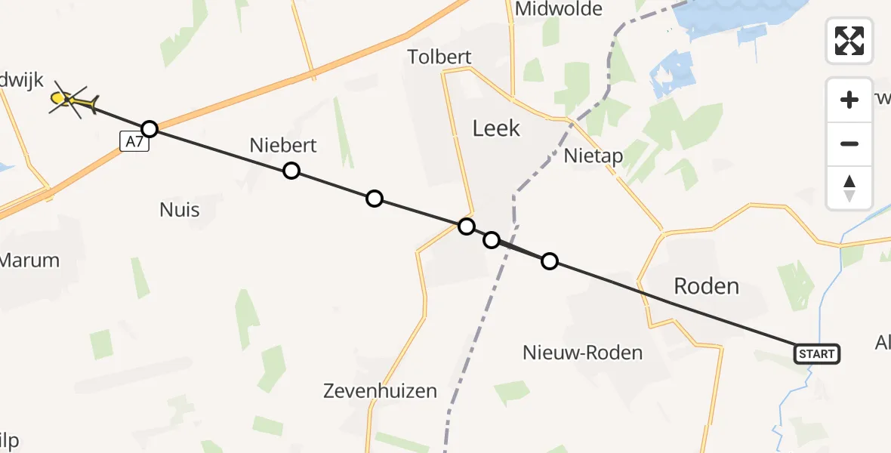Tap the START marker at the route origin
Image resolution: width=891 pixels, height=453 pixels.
(816, 353)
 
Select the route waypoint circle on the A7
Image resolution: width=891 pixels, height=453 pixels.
(150, 128)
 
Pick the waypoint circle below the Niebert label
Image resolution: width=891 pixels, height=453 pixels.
(291, 171)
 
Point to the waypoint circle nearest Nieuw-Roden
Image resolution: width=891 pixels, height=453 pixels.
(550, 261)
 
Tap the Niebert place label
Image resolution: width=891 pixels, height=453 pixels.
(283, 145)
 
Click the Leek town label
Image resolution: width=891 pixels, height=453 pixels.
(496, 128)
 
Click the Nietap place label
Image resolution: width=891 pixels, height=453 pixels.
(593, 156)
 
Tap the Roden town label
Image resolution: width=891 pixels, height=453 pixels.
(706, 286)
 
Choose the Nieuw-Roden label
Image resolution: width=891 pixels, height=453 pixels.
(582, 352)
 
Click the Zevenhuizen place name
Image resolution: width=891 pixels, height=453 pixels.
(380, 391)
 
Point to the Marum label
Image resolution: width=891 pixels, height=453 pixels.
(29, 260)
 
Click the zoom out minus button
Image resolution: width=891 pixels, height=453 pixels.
(849, 143)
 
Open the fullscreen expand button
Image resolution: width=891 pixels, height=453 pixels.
(849, 40)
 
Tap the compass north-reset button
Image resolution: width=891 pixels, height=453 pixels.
(849, 187)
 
